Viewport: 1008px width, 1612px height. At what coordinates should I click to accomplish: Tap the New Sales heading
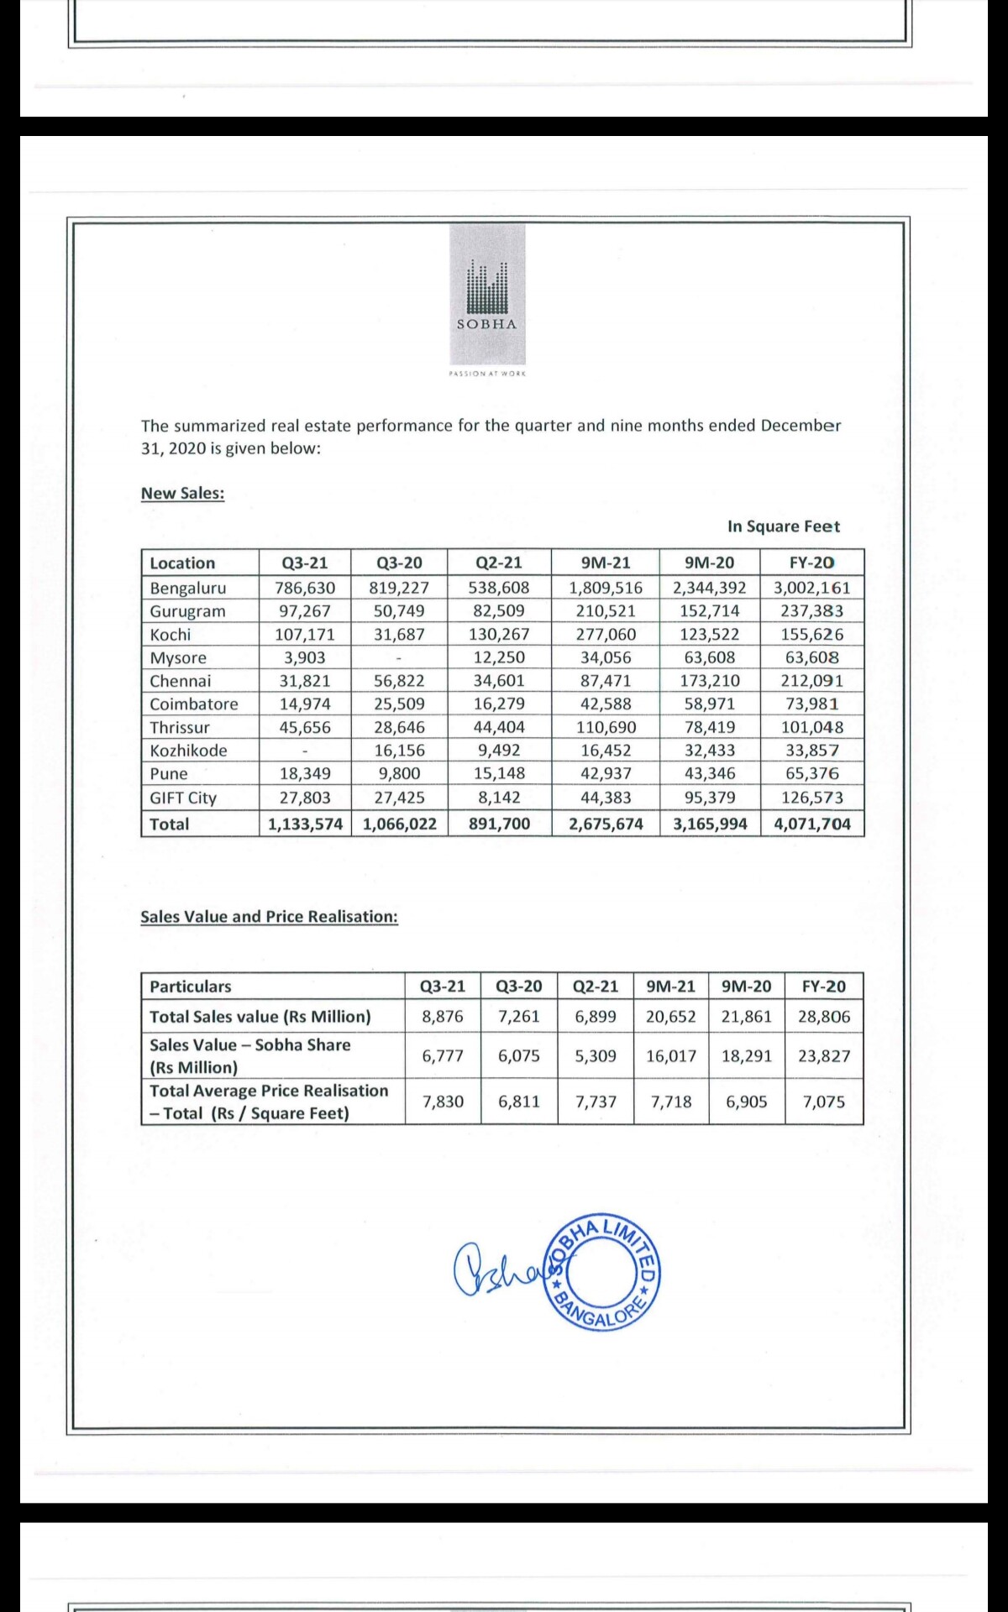coord(182,493)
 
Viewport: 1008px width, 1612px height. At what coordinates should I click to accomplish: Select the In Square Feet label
coord(783,526)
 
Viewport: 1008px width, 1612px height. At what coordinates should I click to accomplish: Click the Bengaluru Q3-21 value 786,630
coord(305,588)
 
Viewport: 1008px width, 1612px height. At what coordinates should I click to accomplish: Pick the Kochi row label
coord(171,635)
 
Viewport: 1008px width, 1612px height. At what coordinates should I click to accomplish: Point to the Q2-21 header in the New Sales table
coord(499,563)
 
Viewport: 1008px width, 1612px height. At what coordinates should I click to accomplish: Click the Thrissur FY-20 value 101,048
coord(811,727)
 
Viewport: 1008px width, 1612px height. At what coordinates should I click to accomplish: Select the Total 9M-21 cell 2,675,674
coord(606,824)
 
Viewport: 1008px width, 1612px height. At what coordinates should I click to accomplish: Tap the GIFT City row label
coord(183,798)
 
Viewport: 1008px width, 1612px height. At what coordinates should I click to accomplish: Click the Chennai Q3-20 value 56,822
coord(399,681)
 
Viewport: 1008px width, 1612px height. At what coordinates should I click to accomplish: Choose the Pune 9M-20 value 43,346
coord(710,773)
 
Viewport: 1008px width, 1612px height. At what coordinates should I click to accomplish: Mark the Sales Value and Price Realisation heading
coord(269,916)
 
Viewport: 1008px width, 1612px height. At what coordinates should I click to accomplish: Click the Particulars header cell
coord(191,987)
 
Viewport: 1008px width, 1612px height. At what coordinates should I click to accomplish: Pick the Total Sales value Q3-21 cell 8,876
coord(443,1017)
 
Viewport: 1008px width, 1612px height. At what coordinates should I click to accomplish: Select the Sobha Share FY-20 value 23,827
coord(824,1055)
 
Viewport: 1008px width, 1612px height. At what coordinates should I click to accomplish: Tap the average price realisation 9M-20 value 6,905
coord(747,1102)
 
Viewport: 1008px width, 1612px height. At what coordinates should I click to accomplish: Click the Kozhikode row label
coord(188,751)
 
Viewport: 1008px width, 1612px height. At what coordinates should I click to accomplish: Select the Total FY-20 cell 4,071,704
coord(811,824)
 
